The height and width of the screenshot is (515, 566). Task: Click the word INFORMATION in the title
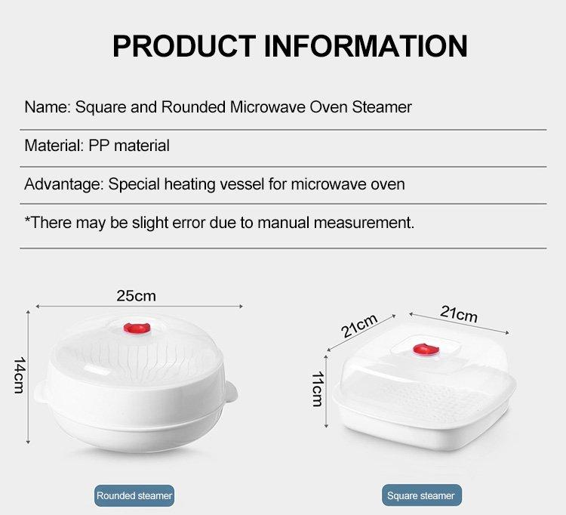pos(366,45)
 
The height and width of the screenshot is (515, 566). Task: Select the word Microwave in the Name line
pos(267,106)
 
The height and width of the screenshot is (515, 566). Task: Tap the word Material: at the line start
pos(54,145)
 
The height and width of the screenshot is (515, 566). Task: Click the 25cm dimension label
pos(136,295)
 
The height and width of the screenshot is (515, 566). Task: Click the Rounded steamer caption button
pos(134,495)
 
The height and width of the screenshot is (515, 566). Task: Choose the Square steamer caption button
pos(420,495)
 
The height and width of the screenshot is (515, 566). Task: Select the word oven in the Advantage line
pos(387,183)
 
